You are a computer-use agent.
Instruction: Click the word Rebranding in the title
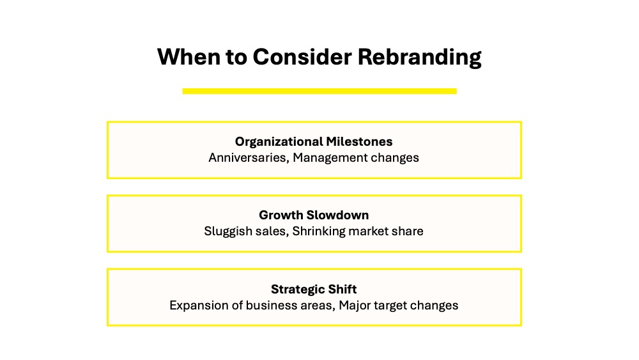[419, 57]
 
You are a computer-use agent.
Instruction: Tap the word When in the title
[188, 57]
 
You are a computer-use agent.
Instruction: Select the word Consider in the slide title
[302, 57]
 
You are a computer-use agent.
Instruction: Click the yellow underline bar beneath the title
[319, 91]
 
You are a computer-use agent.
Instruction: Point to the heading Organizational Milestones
[314, 141]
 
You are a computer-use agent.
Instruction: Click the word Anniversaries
[249, 158]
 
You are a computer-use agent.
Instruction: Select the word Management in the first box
[330, 158]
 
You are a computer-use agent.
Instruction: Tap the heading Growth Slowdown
[314, 215]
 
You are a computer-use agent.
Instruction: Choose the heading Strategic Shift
[314, 290]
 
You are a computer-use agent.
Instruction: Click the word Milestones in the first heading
[359, 141]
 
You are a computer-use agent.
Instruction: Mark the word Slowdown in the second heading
[337, 215]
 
